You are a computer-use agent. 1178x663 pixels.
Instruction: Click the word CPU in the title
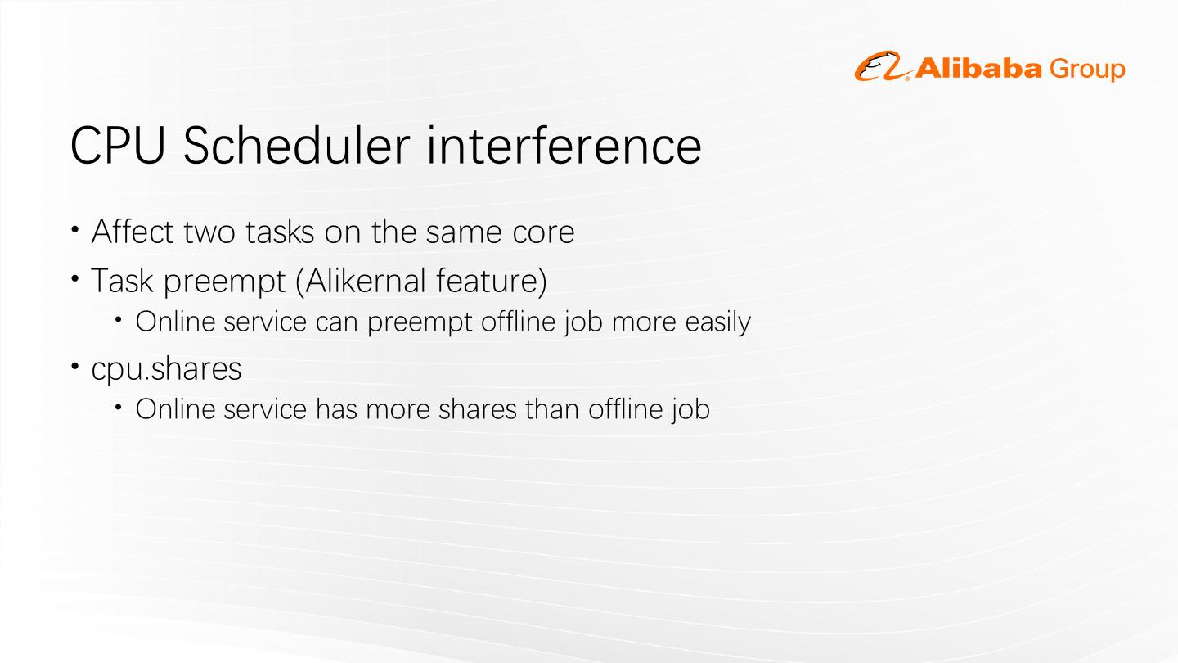coord(118,146)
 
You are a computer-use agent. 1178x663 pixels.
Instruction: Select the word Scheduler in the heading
coord(297,145)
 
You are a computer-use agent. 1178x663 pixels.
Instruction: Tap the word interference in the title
coord(564,145)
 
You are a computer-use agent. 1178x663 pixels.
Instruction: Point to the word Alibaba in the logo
coord(978,69)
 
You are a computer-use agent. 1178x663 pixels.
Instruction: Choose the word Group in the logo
coord(1087,70)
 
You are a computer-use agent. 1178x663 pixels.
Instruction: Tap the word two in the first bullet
coord(209,232)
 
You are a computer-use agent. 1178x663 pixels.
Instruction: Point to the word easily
coord(718,322)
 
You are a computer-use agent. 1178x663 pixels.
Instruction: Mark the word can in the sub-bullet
coord(336,322)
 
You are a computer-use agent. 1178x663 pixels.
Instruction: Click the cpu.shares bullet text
coord(166,368)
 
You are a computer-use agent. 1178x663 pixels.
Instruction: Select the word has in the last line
coord(336,409)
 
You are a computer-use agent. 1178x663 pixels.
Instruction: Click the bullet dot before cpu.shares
coord(74,364)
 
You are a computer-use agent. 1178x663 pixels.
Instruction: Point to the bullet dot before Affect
coord(74,229)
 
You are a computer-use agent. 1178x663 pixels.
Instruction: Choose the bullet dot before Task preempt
coord(74,277)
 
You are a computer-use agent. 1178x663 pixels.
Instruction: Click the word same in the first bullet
coord(465,232)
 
